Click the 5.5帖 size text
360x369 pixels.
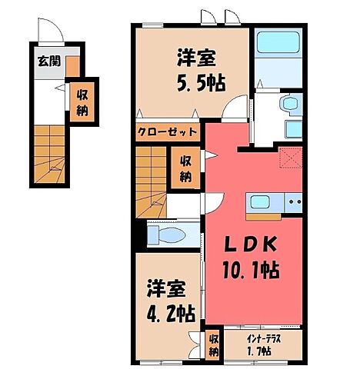[x=198, y=83]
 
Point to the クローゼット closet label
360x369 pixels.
[x=167, y=131]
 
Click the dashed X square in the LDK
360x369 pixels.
[x=290, y=158]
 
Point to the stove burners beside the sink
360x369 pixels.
[x=292, y=203]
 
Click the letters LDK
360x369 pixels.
[x=250, y=244]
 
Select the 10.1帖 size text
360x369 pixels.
[x=252, y=270]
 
